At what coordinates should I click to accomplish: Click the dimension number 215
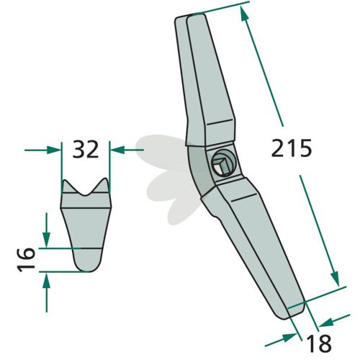[292, 148]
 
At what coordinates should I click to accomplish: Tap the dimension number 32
[86, 150]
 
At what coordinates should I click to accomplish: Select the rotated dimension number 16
[26, 260]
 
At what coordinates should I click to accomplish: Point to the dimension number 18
[319, 343]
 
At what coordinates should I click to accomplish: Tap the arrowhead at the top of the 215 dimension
[244, 13]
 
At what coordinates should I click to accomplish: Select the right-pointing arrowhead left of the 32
[53, 150]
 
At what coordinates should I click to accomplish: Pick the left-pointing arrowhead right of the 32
[117, 150]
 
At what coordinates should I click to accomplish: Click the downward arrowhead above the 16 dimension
[46, 240]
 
